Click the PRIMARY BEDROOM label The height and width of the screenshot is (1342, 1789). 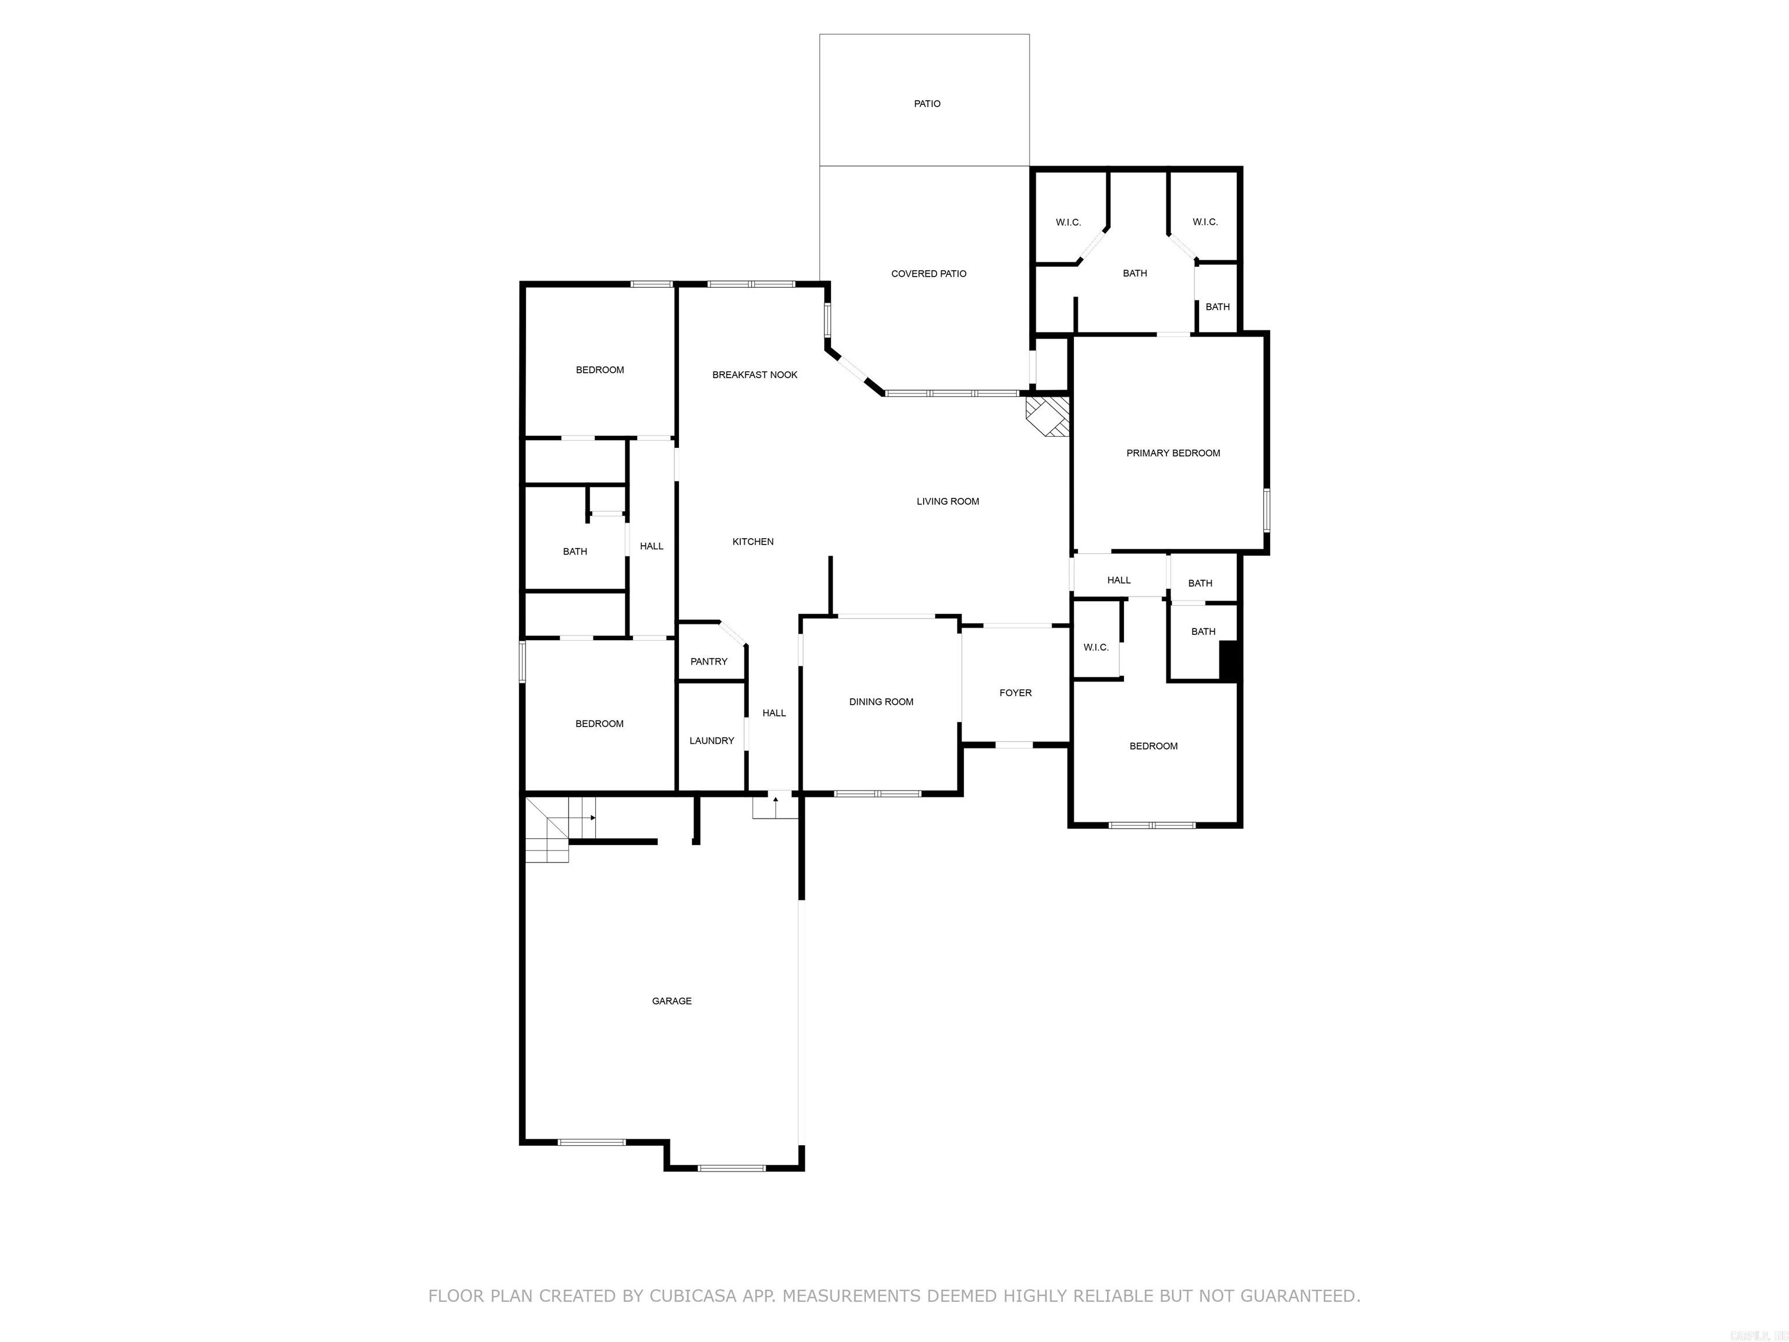click(x=1173, y=453)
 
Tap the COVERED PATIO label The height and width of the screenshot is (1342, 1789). click(x=928, y=273)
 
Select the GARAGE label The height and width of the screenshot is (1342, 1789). click(x=671, y=1001)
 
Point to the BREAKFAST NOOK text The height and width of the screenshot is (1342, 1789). click(x=755, y=375)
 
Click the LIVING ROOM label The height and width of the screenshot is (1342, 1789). click(x=947, y=502)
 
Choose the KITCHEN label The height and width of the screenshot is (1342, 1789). click(x=753, y=542)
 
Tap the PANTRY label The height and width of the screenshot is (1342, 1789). click(x=709, y=662)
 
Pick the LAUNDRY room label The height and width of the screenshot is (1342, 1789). click(x=712, y=741)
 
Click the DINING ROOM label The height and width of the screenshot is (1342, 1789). click(x=881, y=702)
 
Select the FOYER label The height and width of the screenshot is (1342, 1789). click(x=1015, y=693)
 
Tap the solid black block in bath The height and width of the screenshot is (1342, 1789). click(x=1229, y=660)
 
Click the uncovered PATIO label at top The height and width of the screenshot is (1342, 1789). click(x=927, y=104)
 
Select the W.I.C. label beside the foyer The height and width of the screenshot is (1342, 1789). click(x=1096, y=647)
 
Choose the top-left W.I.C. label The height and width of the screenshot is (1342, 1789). click(x=1067, y=223)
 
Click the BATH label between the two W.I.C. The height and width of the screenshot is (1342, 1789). click(x=1134, y=273)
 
